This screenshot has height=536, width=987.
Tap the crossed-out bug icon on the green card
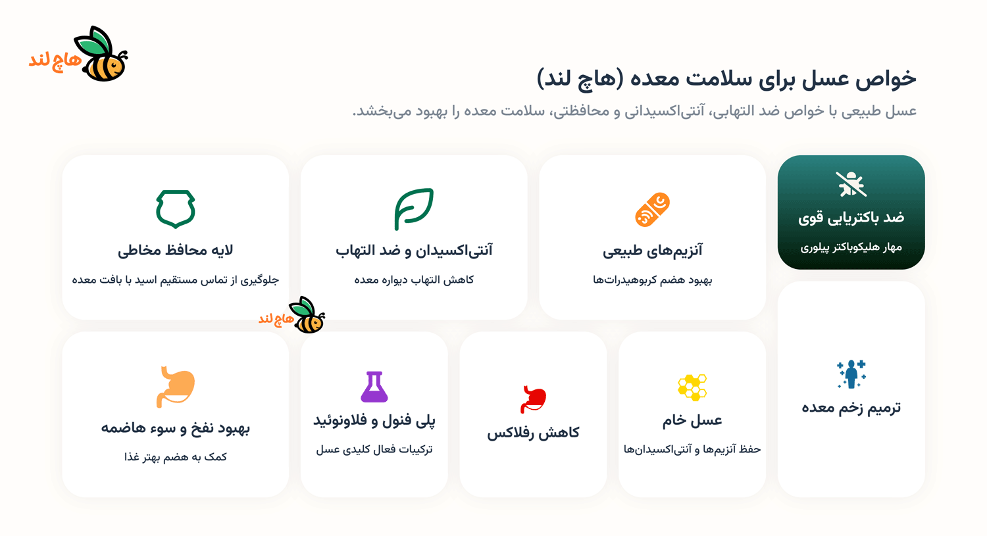pos(851,184)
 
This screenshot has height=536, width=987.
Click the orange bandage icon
pos(652,210)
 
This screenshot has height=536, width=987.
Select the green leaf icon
pos(414,209)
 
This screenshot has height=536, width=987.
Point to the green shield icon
pos(176,209)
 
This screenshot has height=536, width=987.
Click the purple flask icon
pos(374,387)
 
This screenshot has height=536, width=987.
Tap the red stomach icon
pos(533,399)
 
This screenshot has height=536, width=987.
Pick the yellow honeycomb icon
pos(692,387)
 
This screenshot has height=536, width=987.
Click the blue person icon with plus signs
pos(851,374)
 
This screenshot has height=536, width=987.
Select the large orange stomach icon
pos(176,387)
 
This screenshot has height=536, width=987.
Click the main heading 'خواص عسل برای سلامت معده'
pos(726,79)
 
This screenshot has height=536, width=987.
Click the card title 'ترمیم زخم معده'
pos(851,408)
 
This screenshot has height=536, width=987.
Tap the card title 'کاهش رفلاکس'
pos(533,433)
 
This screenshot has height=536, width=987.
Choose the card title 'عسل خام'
pos(692,420)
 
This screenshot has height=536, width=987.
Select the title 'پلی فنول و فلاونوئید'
pos(374,420)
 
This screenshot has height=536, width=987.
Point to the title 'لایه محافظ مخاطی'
pos(176,251)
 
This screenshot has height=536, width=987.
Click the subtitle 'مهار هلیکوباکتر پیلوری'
pos(851,247)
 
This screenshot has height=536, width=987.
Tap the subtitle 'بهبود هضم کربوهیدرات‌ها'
pos(652,280)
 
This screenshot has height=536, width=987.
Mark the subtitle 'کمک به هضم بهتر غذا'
pos(176,457)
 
